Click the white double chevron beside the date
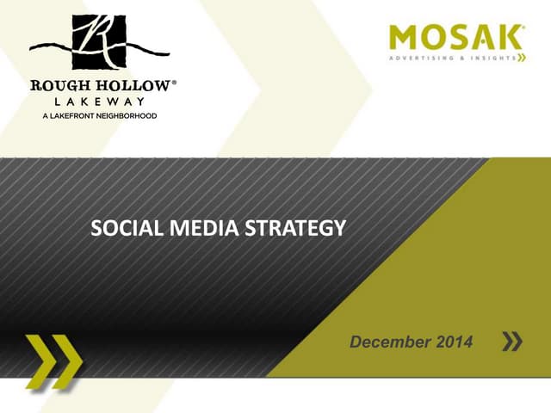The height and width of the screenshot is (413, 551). pos(511,342)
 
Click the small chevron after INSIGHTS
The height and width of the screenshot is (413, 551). pos(521,59)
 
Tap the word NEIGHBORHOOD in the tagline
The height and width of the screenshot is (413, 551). pos(126,115)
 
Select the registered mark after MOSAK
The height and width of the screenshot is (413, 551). pos(523,29)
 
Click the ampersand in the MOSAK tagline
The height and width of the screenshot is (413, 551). pos(458,59)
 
